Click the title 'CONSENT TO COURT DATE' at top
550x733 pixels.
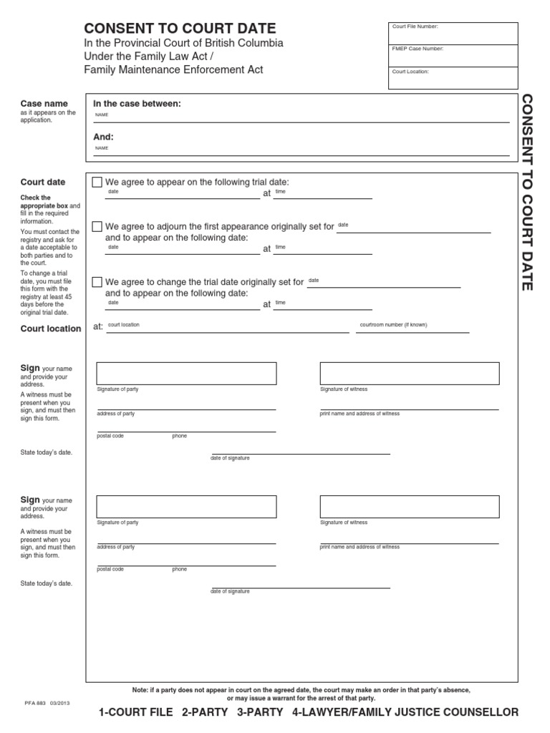180,29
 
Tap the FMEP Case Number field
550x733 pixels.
453,56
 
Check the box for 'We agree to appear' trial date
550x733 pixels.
97,183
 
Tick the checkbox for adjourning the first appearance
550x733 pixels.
97,227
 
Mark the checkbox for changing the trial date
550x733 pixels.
97,282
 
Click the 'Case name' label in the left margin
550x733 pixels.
44,104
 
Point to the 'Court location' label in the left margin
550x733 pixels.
51,329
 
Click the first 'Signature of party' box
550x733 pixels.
186,374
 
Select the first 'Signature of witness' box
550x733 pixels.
410,374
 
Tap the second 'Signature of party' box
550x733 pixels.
186,507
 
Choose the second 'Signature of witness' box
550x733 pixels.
410,507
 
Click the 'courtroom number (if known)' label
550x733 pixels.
393,325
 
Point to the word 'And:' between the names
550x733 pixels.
104,136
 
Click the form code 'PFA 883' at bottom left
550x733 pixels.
34,704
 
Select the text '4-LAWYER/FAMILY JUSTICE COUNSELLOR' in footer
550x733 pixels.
405,712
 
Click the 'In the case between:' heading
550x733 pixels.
137,104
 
